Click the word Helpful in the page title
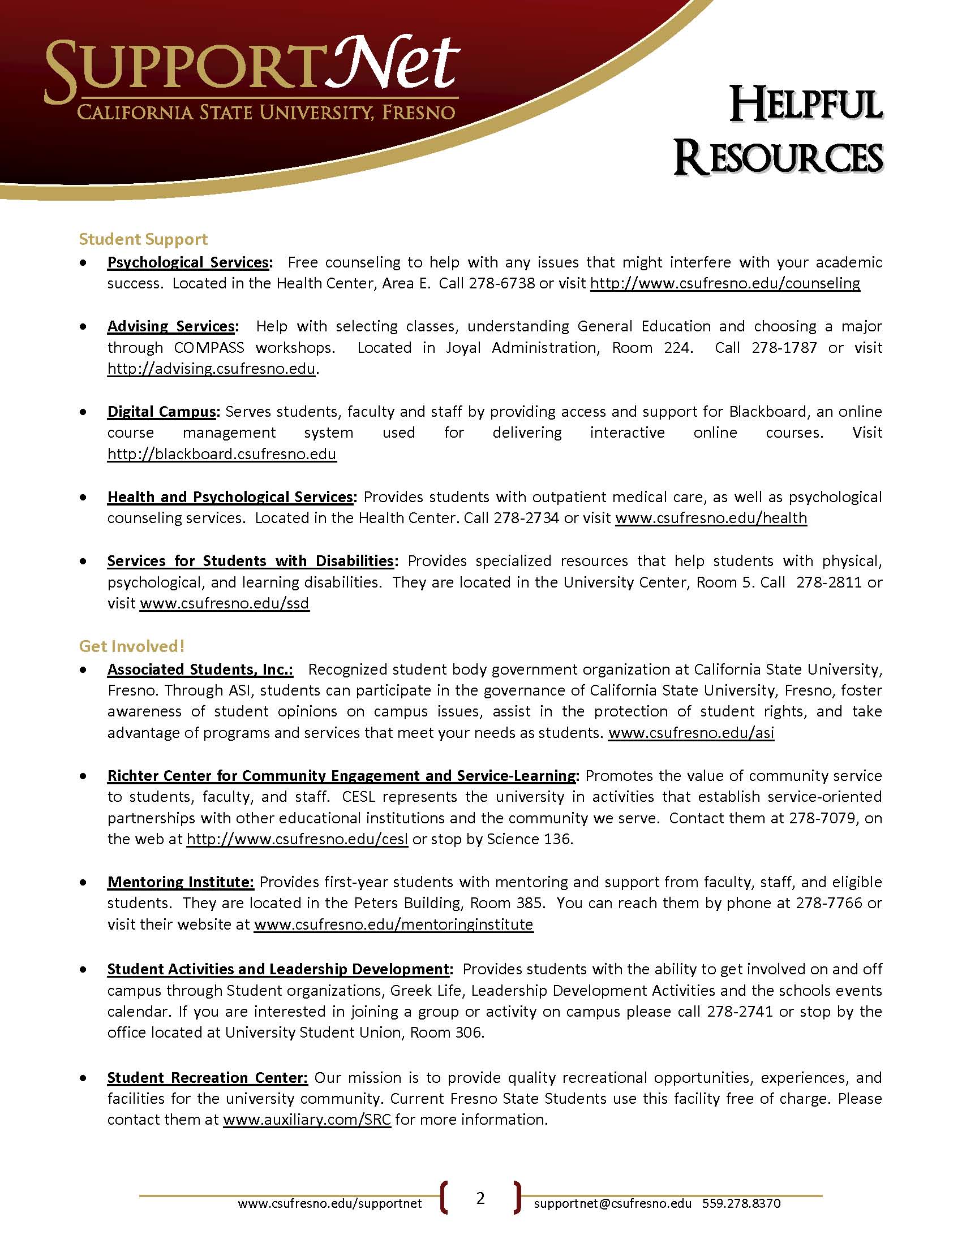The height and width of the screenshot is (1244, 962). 806,105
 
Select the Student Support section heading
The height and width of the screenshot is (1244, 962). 143,239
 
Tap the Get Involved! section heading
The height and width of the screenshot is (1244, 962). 132,646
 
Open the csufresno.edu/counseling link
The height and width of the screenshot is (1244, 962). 724,283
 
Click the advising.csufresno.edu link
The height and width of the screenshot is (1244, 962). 212,369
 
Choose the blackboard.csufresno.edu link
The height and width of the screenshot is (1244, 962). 222,454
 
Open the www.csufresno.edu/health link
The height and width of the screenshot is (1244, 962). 711,518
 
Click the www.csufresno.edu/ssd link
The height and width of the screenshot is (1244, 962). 225,603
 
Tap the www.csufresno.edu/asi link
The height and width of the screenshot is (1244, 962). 691,732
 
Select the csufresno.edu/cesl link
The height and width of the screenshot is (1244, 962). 297,839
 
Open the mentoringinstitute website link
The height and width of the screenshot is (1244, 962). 393,924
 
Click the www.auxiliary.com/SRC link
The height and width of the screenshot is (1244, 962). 307,1119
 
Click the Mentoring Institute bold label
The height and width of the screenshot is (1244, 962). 180,882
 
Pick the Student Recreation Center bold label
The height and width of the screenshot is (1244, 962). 208,1077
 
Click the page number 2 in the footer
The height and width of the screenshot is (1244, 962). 480,1198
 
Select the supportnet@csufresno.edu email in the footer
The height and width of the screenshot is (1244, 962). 613,1203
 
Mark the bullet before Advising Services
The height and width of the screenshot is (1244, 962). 84,327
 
